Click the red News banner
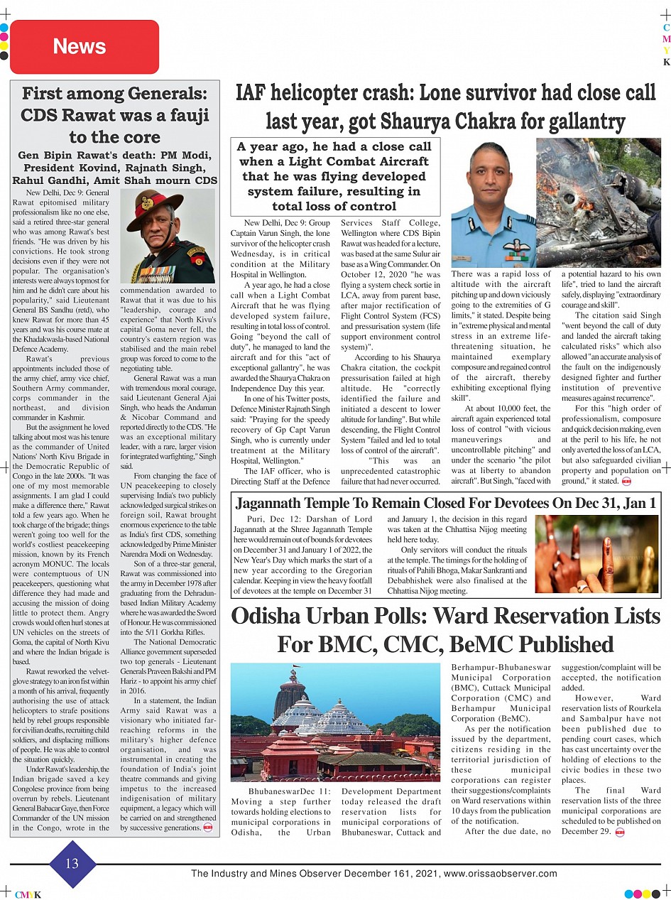[84, 47]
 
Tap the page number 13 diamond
[72, 864]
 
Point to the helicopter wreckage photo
[598, 203]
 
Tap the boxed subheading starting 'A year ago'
[334, 176]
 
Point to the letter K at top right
[666, 62]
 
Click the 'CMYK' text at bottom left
[28, 894]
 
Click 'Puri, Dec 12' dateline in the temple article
[268, 520]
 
